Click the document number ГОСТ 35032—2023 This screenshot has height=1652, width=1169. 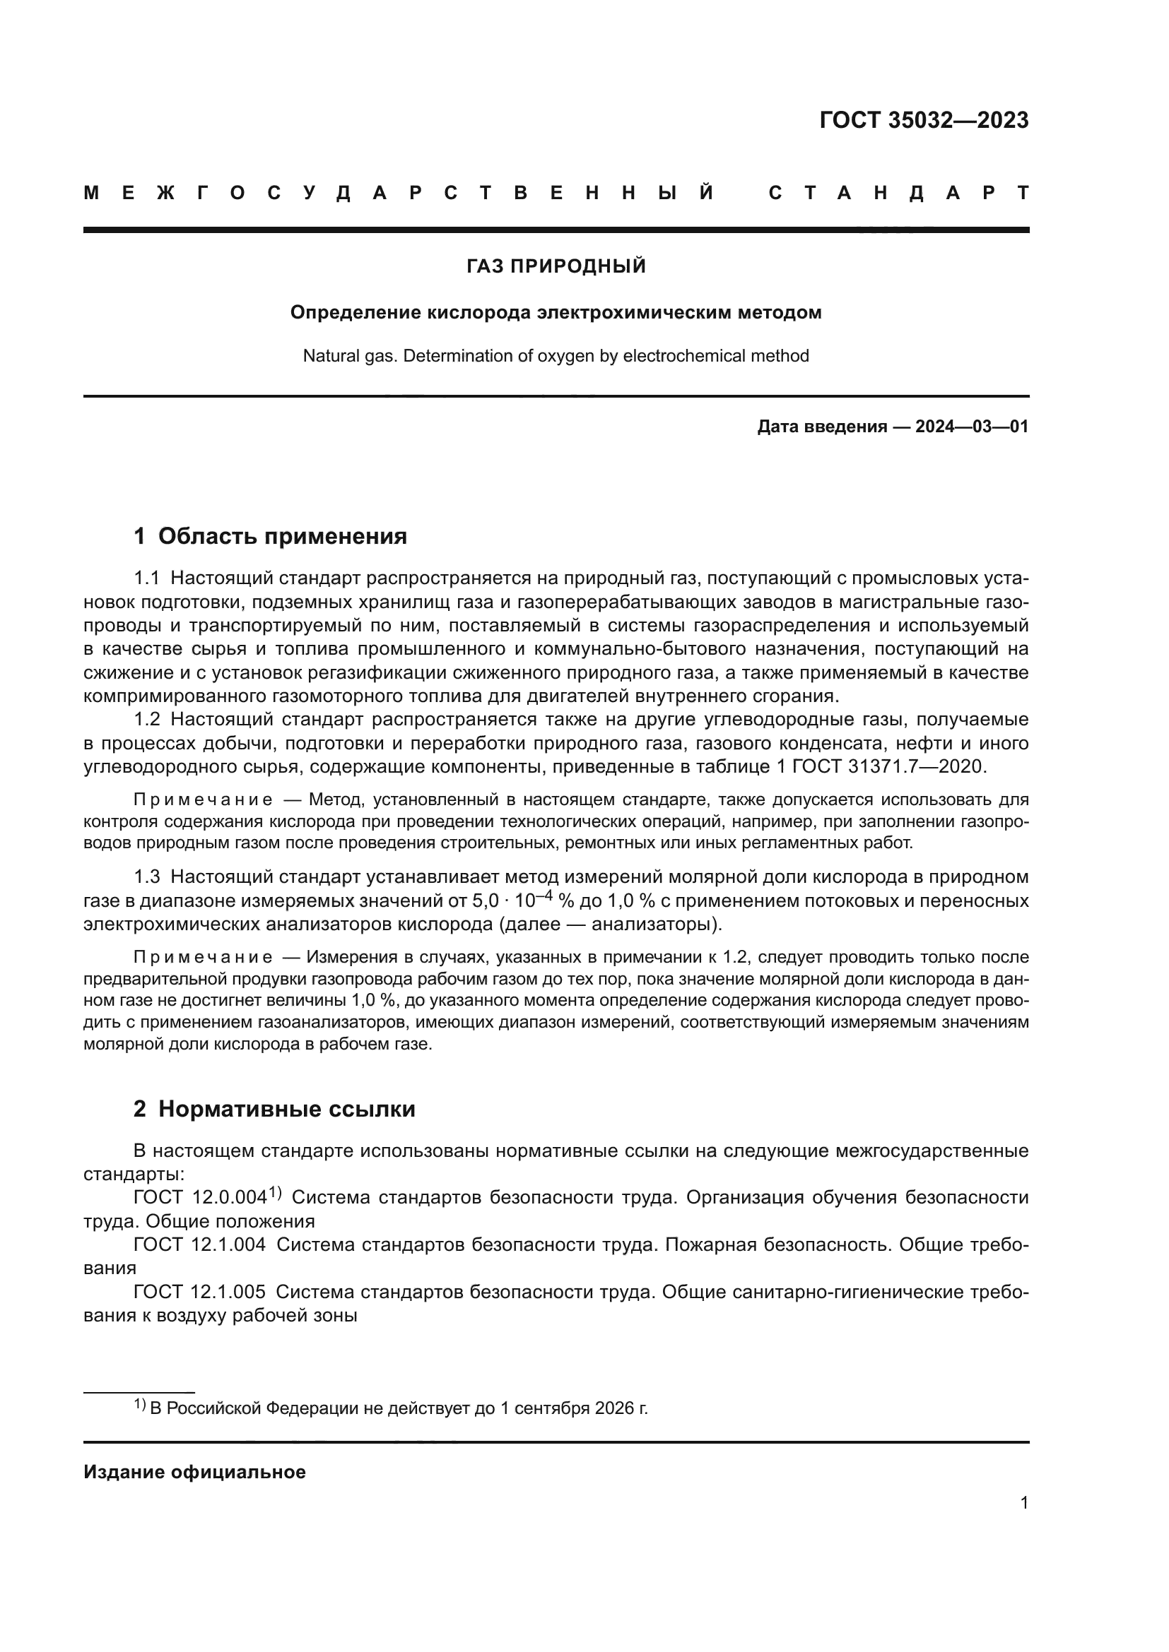[924, 120]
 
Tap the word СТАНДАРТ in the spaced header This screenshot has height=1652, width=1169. [898, 194]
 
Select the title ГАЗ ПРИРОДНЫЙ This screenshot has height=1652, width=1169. [556, 267]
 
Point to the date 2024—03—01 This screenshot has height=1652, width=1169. [972, 427]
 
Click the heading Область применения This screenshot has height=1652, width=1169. [282, 536]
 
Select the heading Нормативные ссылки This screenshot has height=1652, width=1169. [286, 1110]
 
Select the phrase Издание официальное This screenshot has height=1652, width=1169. [194, 1472]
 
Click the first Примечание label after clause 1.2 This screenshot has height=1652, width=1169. [203, 800]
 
